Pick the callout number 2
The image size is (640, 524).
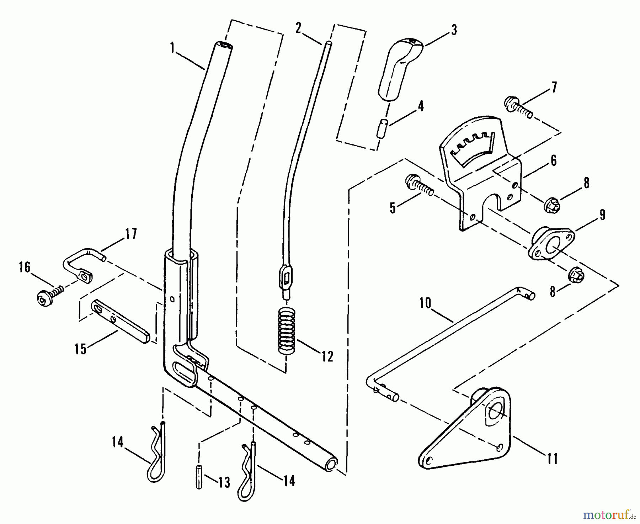point(298,28)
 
